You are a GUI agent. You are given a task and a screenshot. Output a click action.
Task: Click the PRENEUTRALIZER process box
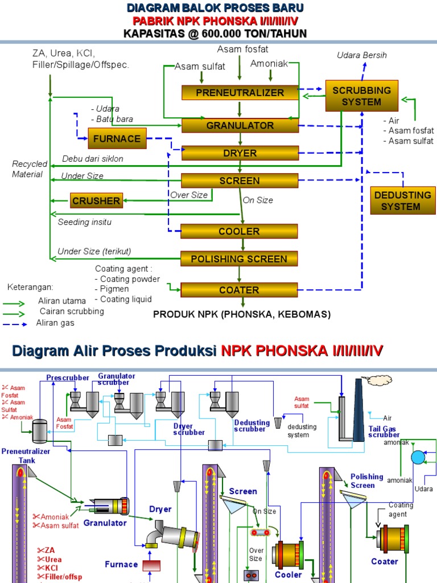[x=240, y=92]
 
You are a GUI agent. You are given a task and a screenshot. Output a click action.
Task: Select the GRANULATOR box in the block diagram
[x=240, y=125]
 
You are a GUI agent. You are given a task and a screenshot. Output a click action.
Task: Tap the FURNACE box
[x=117, y=138]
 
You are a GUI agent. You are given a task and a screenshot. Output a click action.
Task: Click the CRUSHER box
[x=96, y=200]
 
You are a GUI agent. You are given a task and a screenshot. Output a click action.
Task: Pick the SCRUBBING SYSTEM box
[x=361, y=96]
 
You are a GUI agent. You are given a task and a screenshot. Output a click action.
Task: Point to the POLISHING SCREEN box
[x=239, y=259]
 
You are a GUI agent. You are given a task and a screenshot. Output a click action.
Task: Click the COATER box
[x=239, y=290]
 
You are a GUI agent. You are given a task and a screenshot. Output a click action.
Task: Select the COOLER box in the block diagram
[x=239, y=231]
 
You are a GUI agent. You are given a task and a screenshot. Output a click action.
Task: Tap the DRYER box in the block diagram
[x=240, y=153]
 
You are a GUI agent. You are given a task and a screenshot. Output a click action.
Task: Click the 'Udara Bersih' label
[x=362, y=55]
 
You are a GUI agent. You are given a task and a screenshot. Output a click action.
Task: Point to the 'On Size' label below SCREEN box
[x=258, y=200]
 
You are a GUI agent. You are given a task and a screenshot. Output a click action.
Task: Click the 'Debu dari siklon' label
[x=92, y=158]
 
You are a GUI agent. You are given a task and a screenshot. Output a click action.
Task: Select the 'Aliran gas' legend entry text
[x=55, y=323]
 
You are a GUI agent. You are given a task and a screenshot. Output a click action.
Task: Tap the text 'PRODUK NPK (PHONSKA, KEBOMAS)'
[x=241, y=314]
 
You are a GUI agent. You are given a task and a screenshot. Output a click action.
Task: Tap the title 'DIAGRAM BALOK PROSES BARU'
[x=215, y=8]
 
